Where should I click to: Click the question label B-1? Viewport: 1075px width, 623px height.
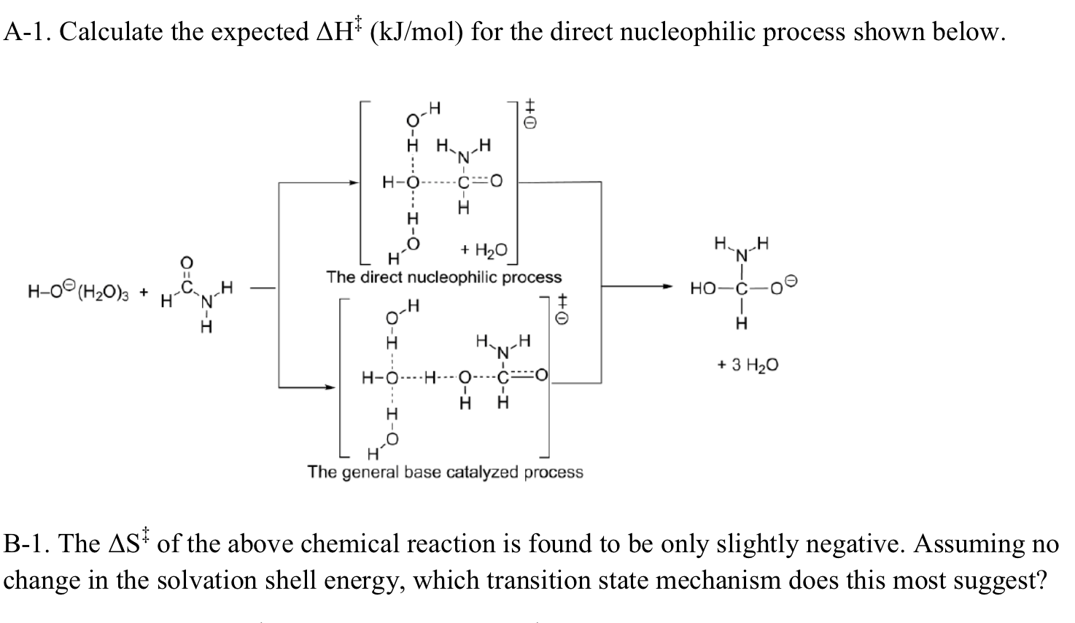pyautogui.click(x=28, y=543)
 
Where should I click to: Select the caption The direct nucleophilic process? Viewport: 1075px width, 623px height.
pyautogui.click(x=444, y=277)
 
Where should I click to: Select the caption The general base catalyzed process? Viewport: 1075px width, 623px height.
pyautogui.click(x=446, y=472)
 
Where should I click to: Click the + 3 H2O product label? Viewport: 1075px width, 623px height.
pyautogui.click(x=748, y=365)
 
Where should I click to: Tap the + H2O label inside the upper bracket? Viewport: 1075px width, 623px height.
pyautogui.click(x=484, y=249)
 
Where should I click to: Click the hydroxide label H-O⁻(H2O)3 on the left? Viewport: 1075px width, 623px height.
pyautogui.click(x=78, y=290)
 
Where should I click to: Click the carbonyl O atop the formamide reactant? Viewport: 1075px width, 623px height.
pyautogui.click(x=186, y=263)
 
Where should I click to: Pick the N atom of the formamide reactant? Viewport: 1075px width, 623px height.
pyautogui.click(x=207, y=301)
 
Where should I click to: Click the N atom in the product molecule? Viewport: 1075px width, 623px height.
pyautogui.click(x=742, y=256)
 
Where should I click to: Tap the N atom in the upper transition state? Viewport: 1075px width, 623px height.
pyautogui.click(x=463, y=157)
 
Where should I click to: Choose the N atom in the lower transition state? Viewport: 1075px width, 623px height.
pyautogui.click(x=503, y=353)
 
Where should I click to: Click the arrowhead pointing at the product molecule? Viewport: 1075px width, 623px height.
pyautogui.click(x=667, y=287)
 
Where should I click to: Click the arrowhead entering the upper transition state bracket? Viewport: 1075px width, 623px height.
pyautogui.click(x=354, y=182)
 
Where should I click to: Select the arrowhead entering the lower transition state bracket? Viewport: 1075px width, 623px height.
pyautogui.click(x=330, y=387)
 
